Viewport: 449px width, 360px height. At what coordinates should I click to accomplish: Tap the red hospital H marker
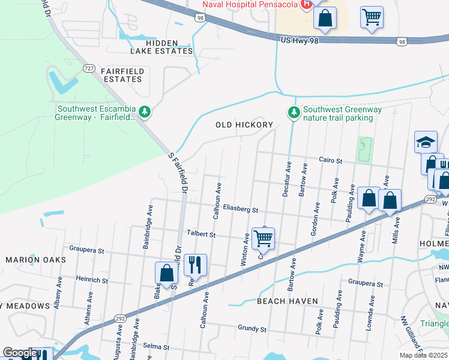pyautogui.click(x=306, y=4)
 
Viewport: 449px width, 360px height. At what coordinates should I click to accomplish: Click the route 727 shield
pyautogui.click(x=89, y=68)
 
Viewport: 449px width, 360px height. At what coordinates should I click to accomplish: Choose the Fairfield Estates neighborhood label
pyautogui.click(x=122, y=75)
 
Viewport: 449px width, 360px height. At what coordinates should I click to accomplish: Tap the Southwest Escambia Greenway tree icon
pyautogui.click(x=144, y=112)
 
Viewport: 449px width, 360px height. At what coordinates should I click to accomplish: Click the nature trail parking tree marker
pyautogui.click(x=294, y=112)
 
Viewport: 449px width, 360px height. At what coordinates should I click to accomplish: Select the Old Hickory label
pyautogui.click(x=244, y=125)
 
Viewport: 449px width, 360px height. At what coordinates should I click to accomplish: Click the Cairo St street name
pyautogui.click(x=330, y=161)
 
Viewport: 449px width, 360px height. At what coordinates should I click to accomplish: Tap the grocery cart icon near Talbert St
pyautogui.click(x=263, y=238)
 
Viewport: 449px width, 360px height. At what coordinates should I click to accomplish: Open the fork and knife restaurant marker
pyautogui.click(x=195, y=264)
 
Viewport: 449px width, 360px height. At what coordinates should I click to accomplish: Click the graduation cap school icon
pyautogui.click(x=426, y=142)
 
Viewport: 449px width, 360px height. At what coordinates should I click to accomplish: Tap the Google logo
pyautogui.click(x=20, y=353)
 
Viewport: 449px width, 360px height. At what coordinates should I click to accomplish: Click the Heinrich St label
pyautogui.click(x=92, y=280)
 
